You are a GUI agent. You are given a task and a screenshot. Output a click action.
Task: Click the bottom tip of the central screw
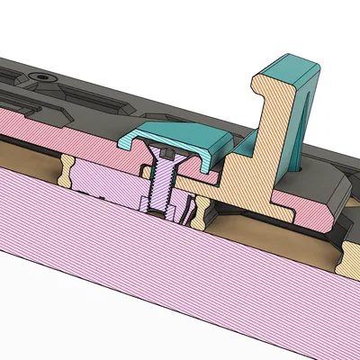(x=164, y=217)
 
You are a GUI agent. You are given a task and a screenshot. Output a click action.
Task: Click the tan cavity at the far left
(x=22, y=153)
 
